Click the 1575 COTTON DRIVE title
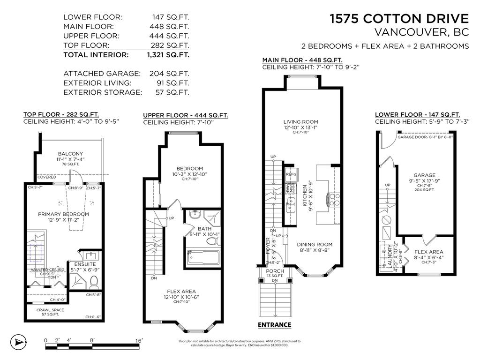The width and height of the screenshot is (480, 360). point(399,19)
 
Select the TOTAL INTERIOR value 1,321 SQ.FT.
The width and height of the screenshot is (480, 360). point(168,55)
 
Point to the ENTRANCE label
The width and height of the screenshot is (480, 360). point(275,325)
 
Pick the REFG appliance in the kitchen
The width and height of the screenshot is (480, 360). point(291,174)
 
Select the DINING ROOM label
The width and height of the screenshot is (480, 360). point(315,244)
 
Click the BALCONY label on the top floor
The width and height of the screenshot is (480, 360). point(70,154)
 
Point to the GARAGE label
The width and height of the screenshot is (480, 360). point(424,175)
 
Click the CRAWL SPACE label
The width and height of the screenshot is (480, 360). point(51,310)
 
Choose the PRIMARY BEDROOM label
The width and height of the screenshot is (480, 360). point(63,214)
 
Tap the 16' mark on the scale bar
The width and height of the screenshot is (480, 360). point(139,340)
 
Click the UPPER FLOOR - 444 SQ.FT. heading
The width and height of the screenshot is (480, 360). point(186,115)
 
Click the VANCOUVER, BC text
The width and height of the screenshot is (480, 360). point(422,33)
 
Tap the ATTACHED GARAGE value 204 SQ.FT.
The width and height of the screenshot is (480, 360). point(169,74)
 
